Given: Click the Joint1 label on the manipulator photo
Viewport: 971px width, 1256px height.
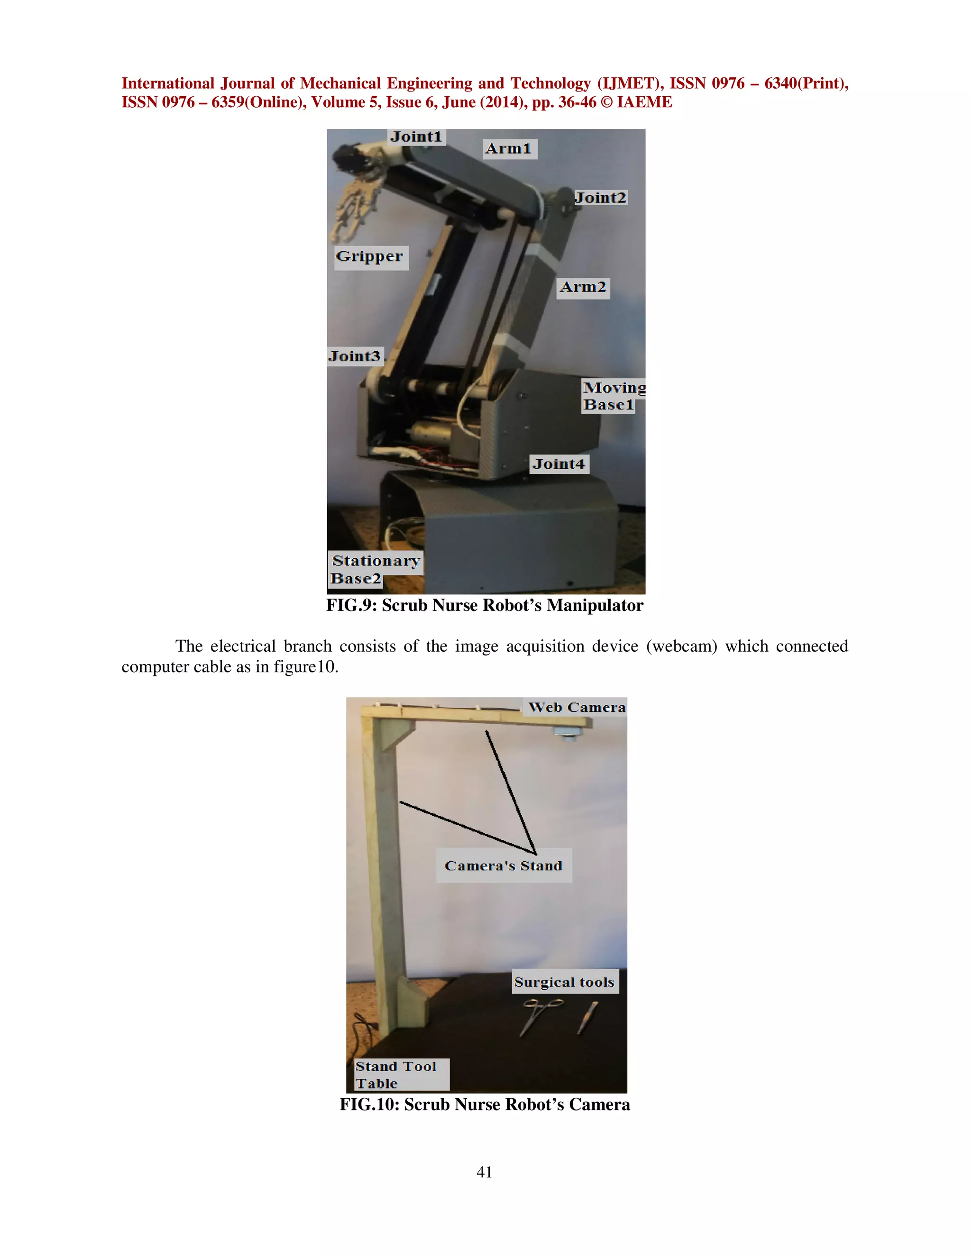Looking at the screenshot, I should pyautogui.click(x=416, y=137).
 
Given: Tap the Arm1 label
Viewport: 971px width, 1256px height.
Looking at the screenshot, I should pyautogui.click(x=509, y=149).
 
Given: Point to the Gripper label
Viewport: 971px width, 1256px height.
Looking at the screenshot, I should pyautogui.click(x=370, y=257).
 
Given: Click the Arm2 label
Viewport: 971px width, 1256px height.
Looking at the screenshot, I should pyautogui.click(x=583, y=287).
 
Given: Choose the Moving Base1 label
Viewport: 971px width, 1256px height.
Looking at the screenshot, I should pyautogui.click(x=613, y=396).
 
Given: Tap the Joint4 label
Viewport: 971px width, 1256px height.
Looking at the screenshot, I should pyautogui.click(x=559, y=464).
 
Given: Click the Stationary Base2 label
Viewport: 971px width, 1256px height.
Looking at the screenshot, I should pyautogui.click(x=375, y=569).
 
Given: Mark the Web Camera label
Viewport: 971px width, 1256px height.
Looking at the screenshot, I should pyautogui.click(x=577, y=707).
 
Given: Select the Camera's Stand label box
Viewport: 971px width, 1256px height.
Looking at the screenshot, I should pyautogui.click(x=504, y=865).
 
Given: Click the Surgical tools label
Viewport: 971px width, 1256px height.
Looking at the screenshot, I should pyautogui.click(x=564, y=982).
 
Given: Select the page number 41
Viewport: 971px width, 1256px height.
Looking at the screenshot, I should pyautogui.click(x=485, y=1172).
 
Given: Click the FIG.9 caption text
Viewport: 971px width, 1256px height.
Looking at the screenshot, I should pyautogui.click(x=485, y=606).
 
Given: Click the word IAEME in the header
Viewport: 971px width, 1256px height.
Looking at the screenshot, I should pyautogui.click(x=644, y=102).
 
